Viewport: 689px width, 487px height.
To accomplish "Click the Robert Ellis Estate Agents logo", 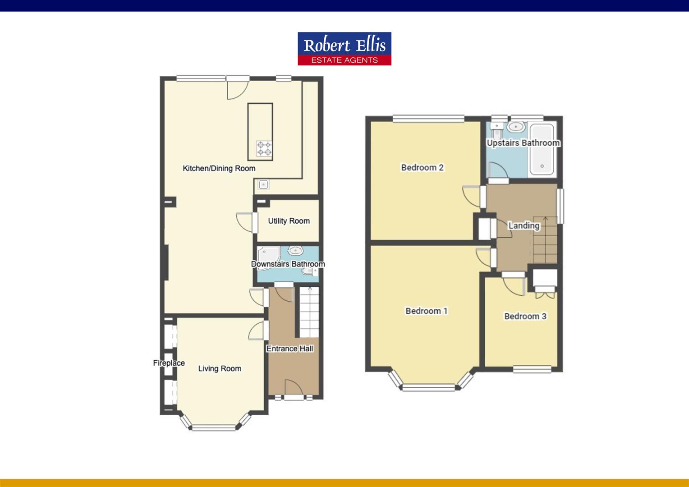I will [x=344, y=49].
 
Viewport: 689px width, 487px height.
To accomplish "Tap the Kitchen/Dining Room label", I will [x=219, y=169].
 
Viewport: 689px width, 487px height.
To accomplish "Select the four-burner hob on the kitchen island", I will [x=265, y=149].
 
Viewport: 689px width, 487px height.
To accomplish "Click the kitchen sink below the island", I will [x=263, y=184].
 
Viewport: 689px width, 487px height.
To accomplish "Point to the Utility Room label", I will [x=289, y=221].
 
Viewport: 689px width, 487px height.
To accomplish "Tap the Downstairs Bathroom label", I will [x=288, y=264].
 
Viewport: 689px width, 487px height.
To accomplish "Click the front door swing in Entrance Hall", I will [x=293, y=387].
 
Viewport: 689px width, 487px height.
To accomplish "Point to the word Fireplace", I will [x=169, y=363].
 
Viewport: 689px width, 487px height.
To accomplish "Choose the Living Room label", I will [x=220, y=369].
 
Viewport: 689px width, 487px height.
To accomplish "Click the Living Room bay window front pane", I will [x=214, y=427].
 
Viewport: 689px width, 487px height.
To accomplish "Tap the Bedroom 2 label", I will [x=422, y=168].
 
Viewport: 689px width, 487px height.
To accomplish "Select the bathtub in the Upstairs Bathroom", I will [x=542, y=149].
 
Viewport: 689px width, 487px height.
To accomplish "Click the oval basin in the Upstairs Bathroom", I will [x=515, y=127].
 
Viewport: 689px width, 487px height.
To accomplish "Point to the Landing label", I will [x=524, y=225].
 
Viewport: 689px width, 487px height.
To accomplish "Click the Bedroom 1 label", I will [x=426, y=311].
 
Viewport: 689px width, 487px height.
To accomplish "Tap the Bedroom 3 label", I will [x=525, y=317].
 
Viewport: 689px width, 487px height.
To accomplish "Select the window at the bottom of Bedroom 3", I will [x=532, y=369].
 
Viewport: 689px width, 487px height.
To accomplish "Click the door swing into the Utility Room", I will [x=245, y=221].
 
